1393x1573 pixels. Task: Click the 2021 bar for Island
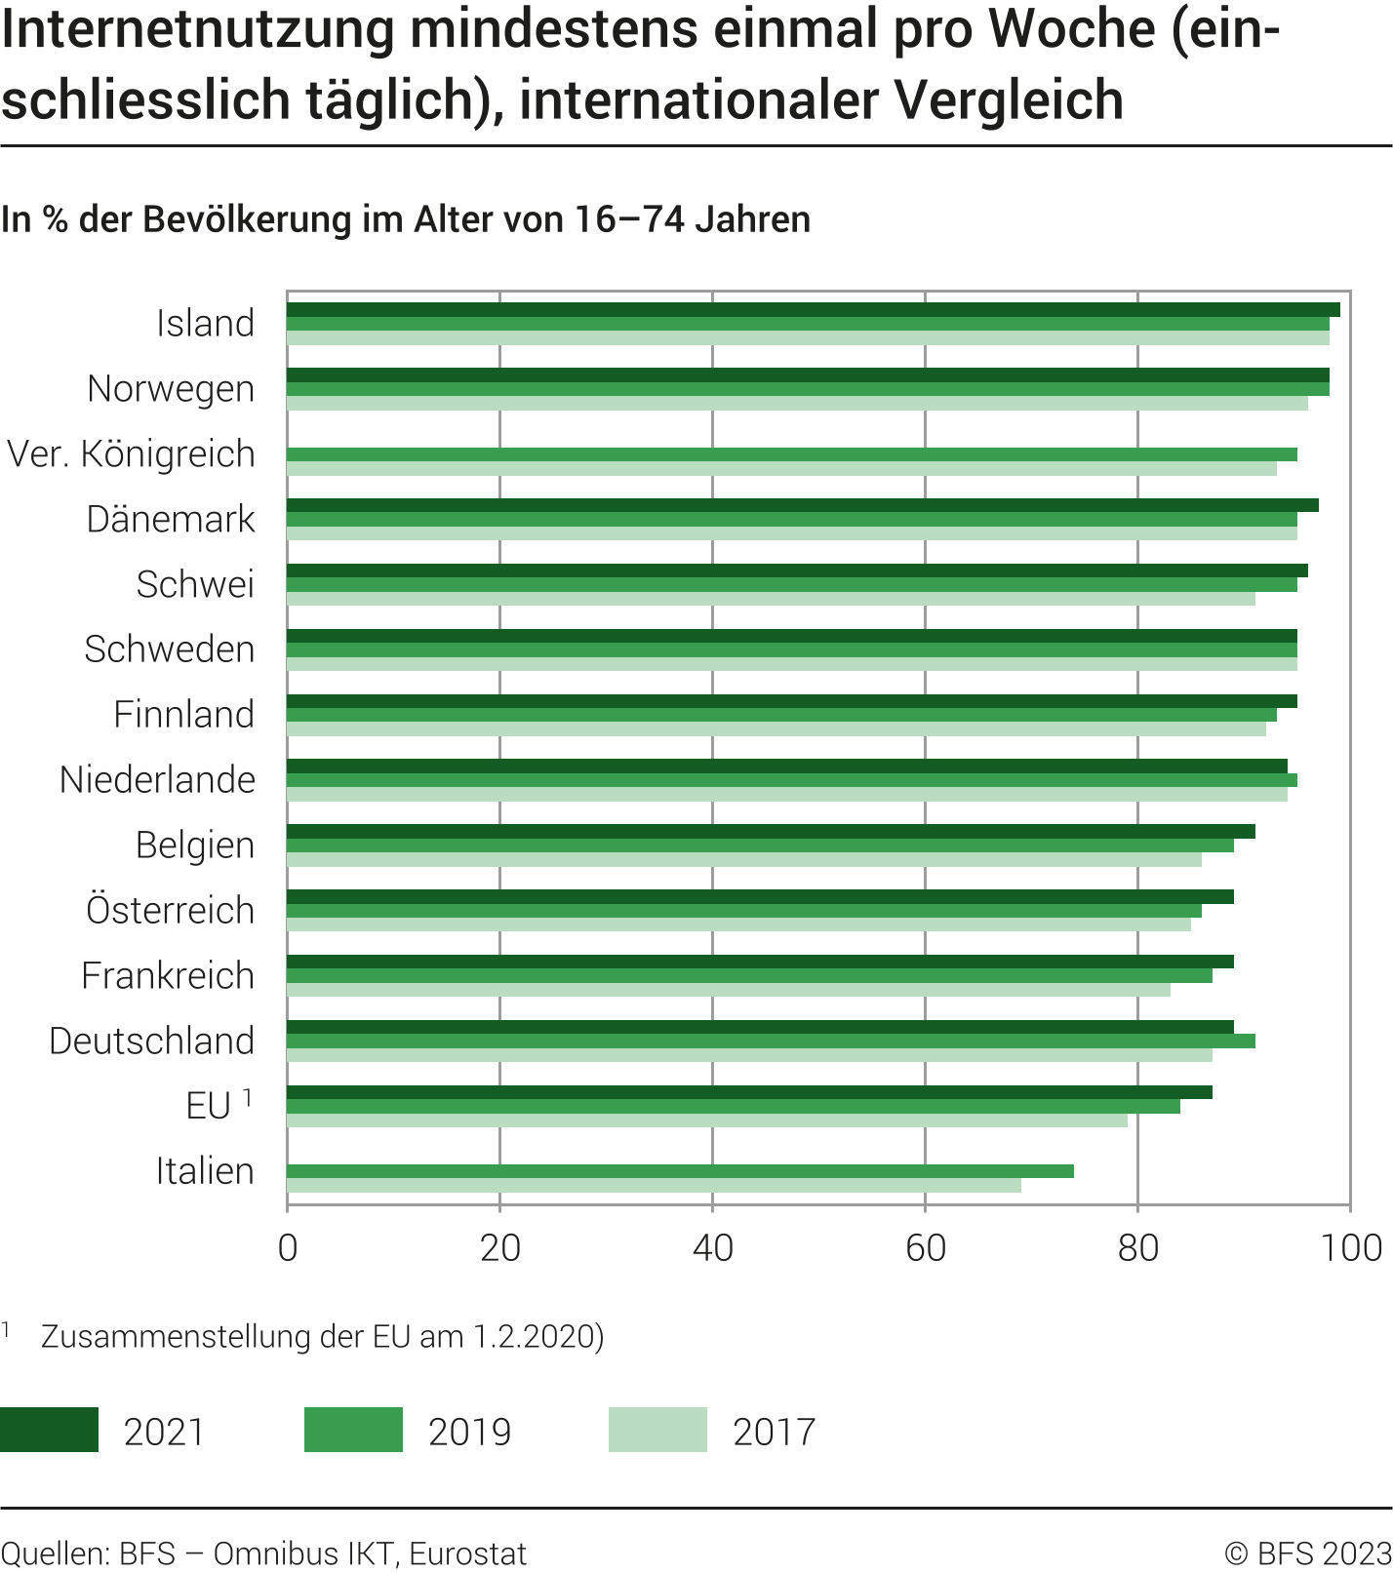[x=813, y=310]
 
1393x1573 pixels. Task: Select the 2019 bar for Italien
[x=680, y=1171]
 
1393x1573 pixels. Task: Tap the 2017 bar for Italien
[x=654, y=1186]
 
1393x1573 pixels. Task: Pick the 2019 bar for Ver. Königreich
[x=791, y=454]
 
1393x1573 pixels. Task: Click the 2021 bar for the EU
[x=749, y=1092]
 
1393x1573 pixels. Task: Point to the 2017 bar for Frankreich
[x=728, y=990]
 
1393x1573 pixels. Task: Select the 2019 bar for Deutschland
[x=771, y=1042]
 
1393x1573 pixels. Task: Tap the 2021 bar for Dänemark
[x=802, y=505]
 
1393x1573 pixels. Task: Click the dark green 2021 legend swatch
[x=49, y=1430]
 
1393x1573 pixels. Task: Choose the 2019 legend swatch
[x=353, y=1430]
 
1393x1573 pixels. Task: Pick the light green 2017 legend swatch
[x=657, y=1430]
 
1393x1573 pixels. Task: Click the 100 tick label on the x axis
[x=1351, y=1248]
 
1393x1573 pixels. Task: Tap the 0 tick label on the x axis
[x=288, y=1248]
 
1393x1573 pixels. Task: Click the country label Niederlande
[x=157, y=780]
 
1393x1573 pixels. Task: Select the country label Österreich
[x=170, y=911]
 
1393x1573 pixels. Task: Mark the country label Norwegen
[x=171, y=389]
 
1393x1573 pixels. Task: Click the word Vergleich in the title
[x=1009, y=99]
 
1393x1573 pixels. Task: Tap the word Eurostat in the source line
[x=468, y=1553]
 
